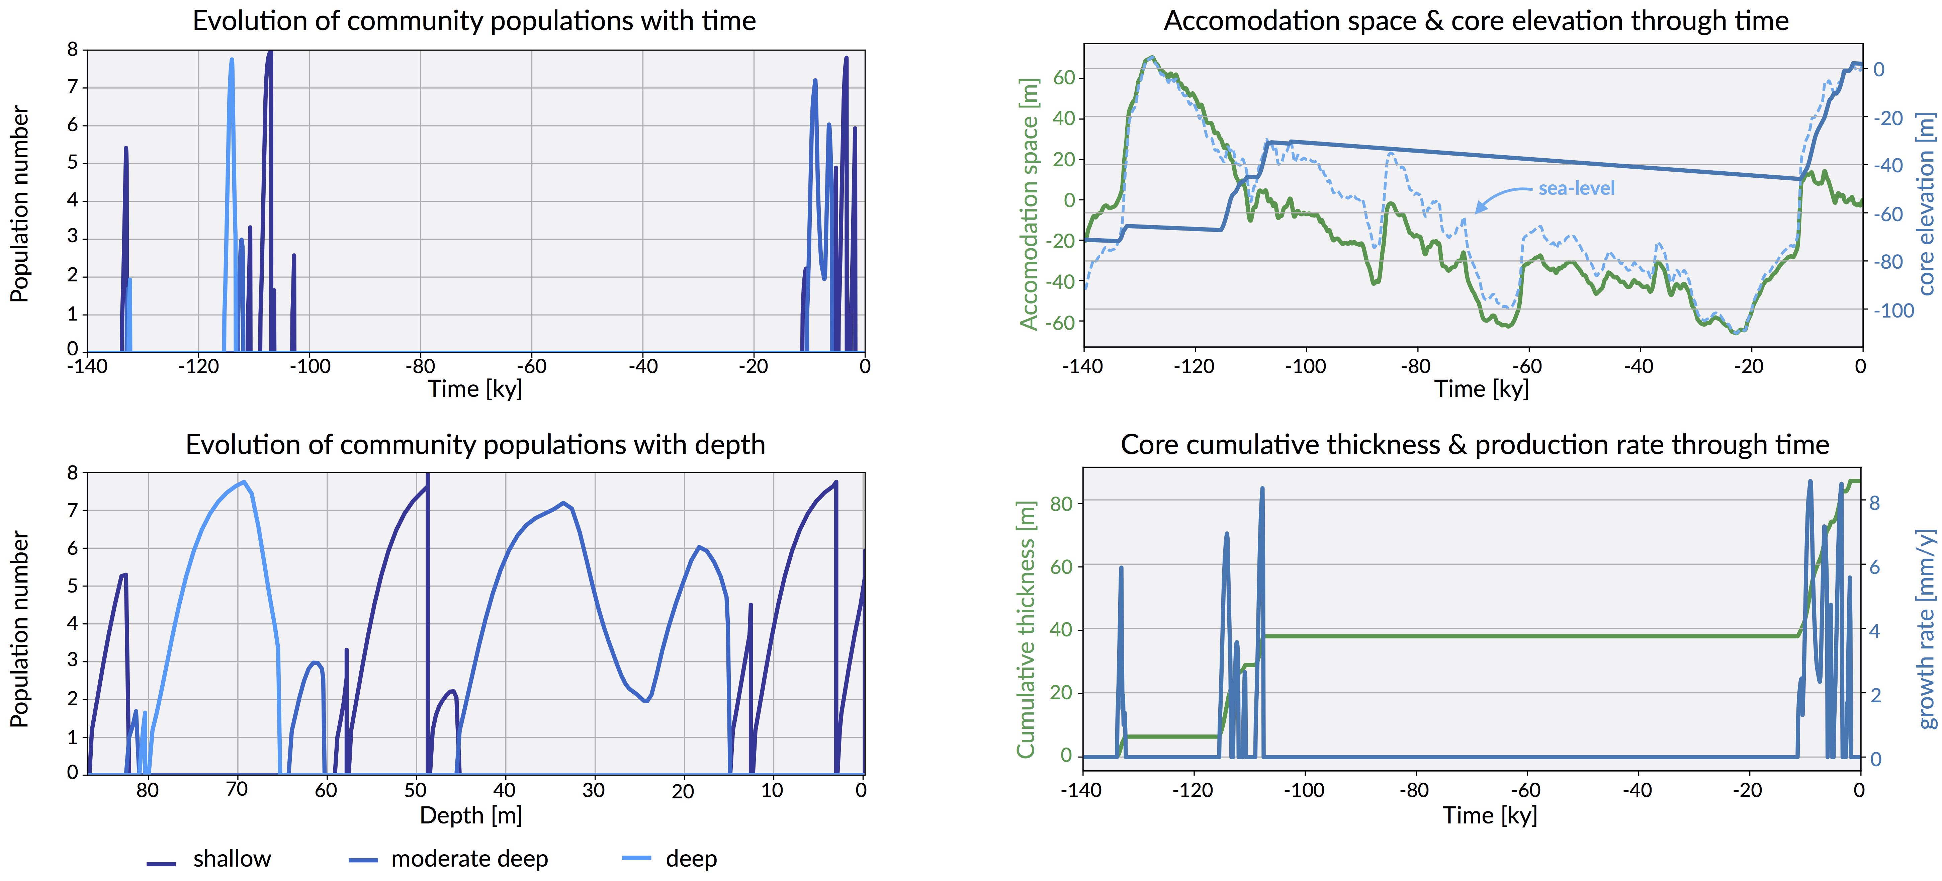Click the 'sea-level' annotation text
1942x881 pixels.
[x=1576, y=188]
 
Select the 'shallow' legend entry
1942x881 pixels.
[x=232, y=859]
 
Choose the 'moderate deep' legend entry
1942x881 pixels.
[x=469, y=859]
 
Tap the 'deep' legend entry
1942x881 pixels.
[x=691, y=859]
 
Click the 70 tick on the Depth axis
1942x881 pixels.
[x=237, y=790]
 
